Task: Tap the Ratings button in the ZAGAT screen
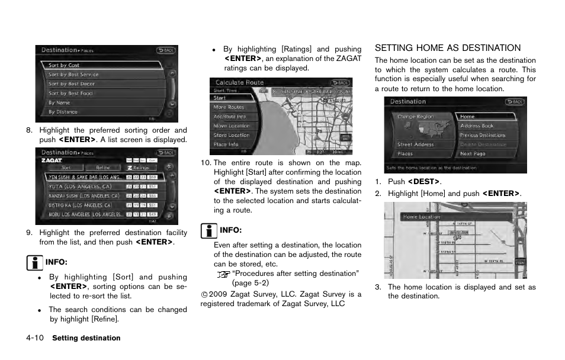[139, 168]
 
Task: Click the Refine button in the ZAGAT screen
[103, 168]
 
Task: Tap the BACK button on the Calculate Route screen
[341, 83]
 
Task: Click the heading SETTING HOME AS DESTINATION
[448, 48]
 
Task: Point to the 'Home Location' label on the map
[422, 217]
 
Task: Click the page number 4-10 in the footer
[35, 338]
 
